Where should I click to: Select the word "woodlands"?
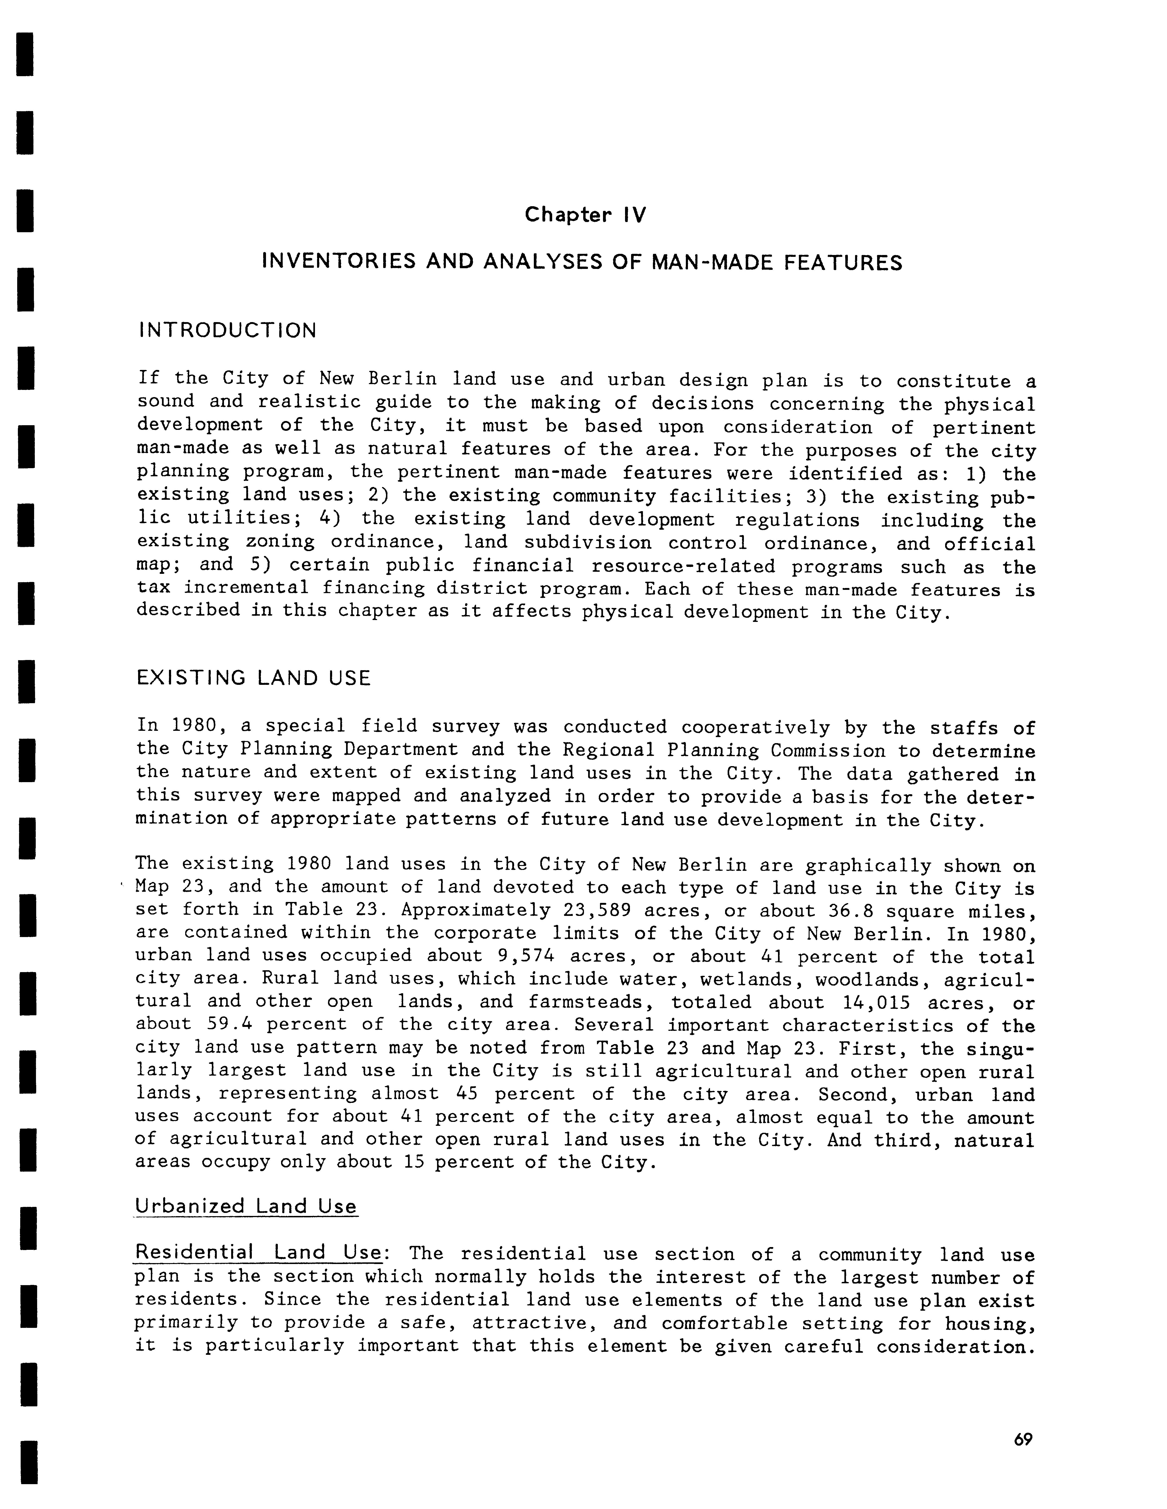(872, 980)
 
